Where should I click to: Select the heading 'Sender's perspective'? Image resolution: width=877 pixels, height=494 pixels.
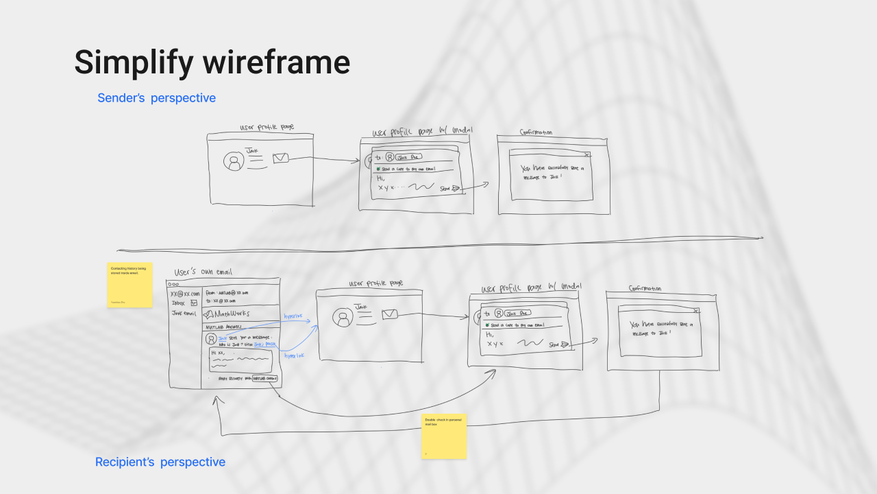click(x=156, y=98)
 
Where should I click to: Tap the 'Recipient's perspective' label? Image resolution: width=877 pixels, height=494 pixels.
click(x=160, y=462)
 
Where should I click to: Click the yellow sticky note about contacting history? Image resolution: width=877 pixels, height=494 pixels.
click(x=129, y=285)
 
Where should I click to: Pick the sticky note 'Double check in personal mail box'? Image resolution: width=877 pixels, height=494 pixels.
click(x=444, y=436)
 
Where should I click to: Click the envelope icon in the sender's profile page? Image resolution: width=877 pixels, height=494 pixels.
click(x=280, y=158)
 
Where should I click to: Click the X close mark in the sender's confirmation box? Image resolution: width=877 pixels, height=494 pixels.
click(x=587, y=155)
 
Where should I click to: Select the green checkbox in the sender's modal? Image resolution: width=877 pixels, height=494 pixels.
click(x=377, y=168)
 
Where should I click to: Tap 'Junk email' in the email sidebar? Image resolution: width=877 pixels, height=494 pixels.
click(x=184, y=314)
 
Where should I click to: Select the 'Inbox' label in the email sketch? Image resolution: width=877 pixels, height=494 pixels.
click(x=178, y=303)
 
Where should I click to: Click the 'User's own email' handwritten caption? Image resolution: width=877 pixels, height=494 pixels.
click(x=203, y=272)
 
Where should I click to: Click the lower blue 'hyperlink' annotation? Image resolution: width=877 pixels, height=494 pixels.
click(x=295, y=355)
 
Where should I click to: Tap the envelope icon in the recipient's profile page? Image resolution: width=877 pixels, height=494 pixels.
click(x=390, y=314)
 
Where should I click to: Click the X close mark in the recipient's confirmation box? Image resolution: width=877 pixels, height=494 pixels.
click(x=696, y=311)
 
